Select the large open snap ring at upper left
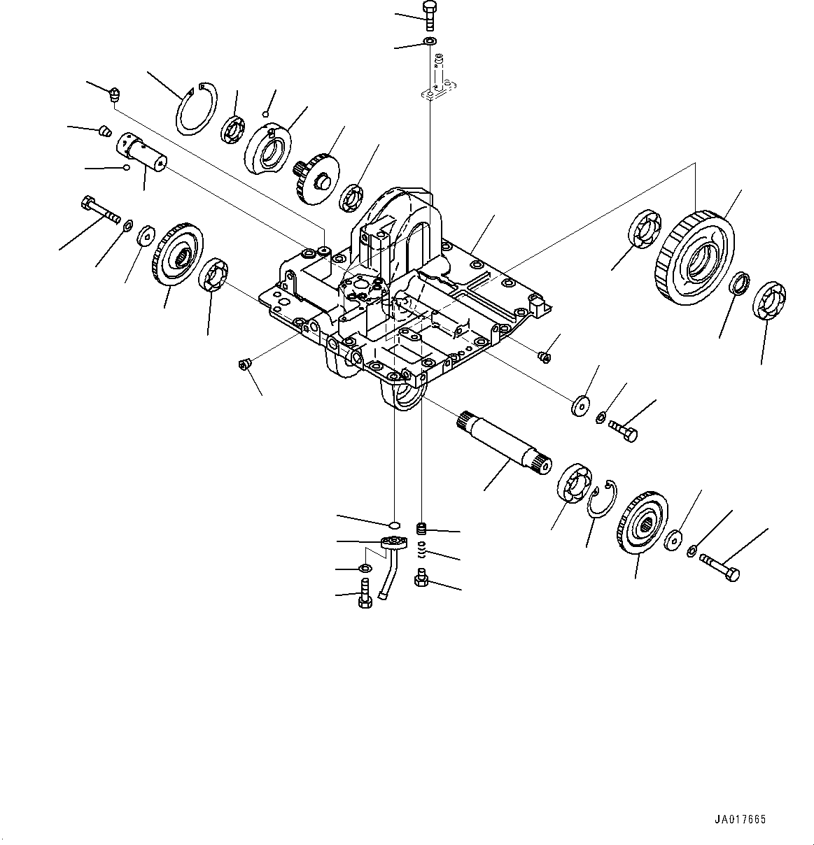point(196,108)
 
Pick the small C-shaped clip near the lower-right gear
point(601,501)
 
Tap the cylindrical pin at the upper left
point(142,152)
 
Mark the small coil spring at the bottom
point(422,551)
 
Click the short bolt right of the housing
point(624,429)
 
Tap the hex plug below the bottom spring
point(421,578)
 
